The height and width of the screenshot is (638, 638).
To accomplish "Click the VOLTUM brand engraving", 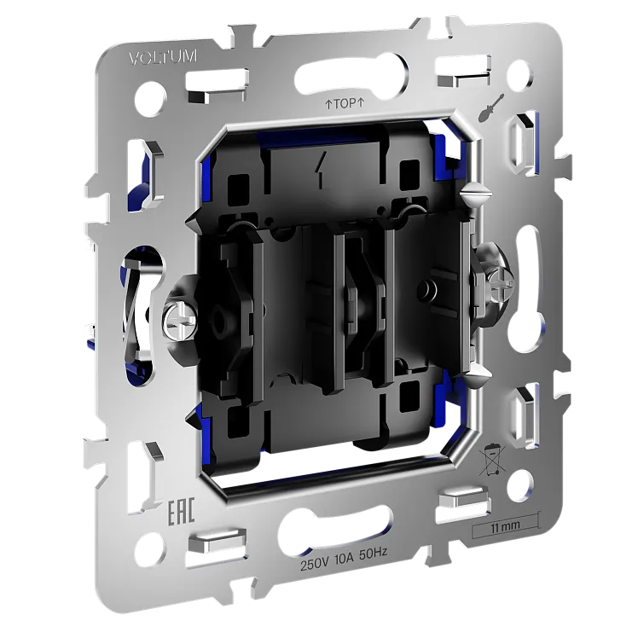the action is [163, 57].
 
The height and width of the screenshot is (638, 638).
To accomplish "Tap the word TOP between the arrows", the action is [345, 104].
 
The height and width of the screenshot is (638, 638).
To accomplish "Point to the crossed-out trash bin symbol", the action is [492, 460].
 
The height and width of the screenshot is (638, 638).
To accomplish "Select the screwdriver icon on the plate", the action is [492, 108].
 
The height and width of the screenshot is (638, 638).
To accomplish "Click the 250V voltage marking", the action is [315, 565].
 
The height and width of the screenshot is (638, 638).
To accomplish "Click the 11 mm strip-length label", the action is [505, 525].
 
